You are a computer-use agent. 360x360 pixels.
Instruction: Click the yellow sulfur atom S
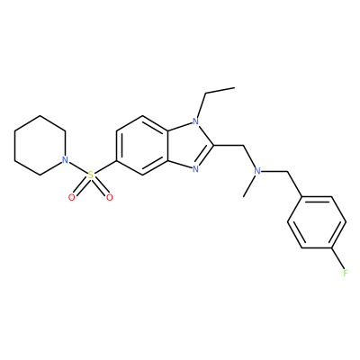[91, 175]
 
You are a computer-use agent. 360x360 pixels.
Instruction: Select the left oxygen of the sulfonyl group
[71, 197]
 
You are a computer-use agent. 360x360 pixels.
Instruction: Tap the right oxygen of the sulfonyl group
[110, 197]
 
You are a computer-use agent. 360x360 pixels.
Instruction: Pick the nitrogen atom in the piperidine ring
[65, 160]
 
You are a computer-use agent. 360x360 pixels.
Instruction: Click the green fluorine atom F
[346, 273]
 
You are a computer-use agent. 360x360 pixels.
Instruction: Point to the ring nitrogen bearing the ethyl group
[195, 121]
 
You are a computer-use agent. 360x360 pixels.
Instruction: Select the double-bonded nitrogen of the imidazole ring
[195, 169]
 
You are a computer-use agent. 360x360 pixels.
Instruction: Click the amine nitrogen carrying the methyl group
[257, 171]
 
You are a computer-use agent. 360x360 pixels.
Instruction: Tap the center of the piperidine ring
[40, 145]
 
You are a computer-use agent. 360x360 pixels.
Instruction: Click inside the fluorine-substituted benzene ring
[317, 222]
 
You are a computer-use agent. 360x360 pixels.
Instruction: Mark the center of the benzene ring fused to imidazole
[142, 145]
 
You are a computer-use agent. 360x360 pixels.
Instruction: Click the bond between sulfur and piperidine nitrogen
[77, 167]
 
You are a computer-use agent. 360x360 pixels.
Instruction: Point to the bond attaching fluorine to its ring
[337, 258]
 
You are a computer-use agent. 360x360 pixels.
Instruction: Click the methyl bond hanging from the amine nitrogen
[250, 186]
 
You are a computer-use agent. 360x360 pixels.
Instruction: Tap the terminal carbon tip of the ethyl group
[234, 87]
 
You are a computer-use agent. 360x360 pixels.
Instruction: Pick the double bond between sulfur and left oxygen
[80, 187]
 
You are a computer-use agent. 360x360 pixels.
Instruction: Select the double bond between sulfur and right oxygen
[102, 187]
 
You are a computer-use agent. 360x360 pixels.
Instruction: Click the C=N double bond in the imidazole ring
[204, 157]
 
